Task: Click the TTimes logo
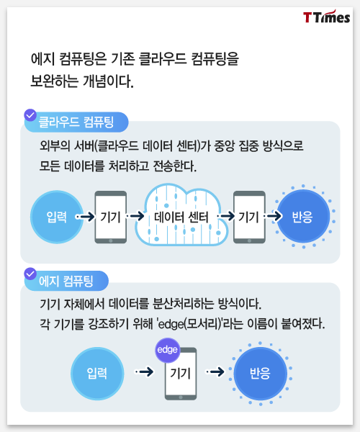[x=326, y=17]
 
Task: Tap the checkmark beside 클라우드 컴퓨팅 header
[x=30, y=115]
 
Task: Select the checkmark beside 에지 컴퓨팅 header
[x=30, y=274]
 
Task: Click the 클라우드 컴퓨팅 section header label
[x=76, y=122]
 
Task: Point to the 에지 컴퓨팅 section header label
[x=66, y=281]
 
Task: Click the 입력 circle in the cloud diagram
[x=57, y=217]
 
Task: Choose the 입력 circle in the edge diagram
[x=97, y=374]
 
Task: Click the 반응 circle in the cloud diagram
[x=303, y=216]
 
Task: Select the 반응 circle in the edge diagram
[x=261, y=374]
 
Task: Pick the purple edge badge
[x=168, y=350]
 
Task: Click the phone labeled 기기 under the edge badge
[x=181, y=374]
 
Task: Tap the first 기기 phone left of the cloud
[x=111, y=217]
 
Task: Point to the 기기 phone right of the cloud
[x=249, y=217]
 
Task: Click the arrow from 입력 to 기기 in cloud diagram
[x=85, y=217]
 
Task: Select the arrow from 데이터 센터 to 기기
[x=226, y=216]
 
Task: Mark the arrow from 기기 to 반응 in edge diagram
[x=215, y=372]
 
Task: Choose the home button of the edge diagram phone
[x=181, y=397]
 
